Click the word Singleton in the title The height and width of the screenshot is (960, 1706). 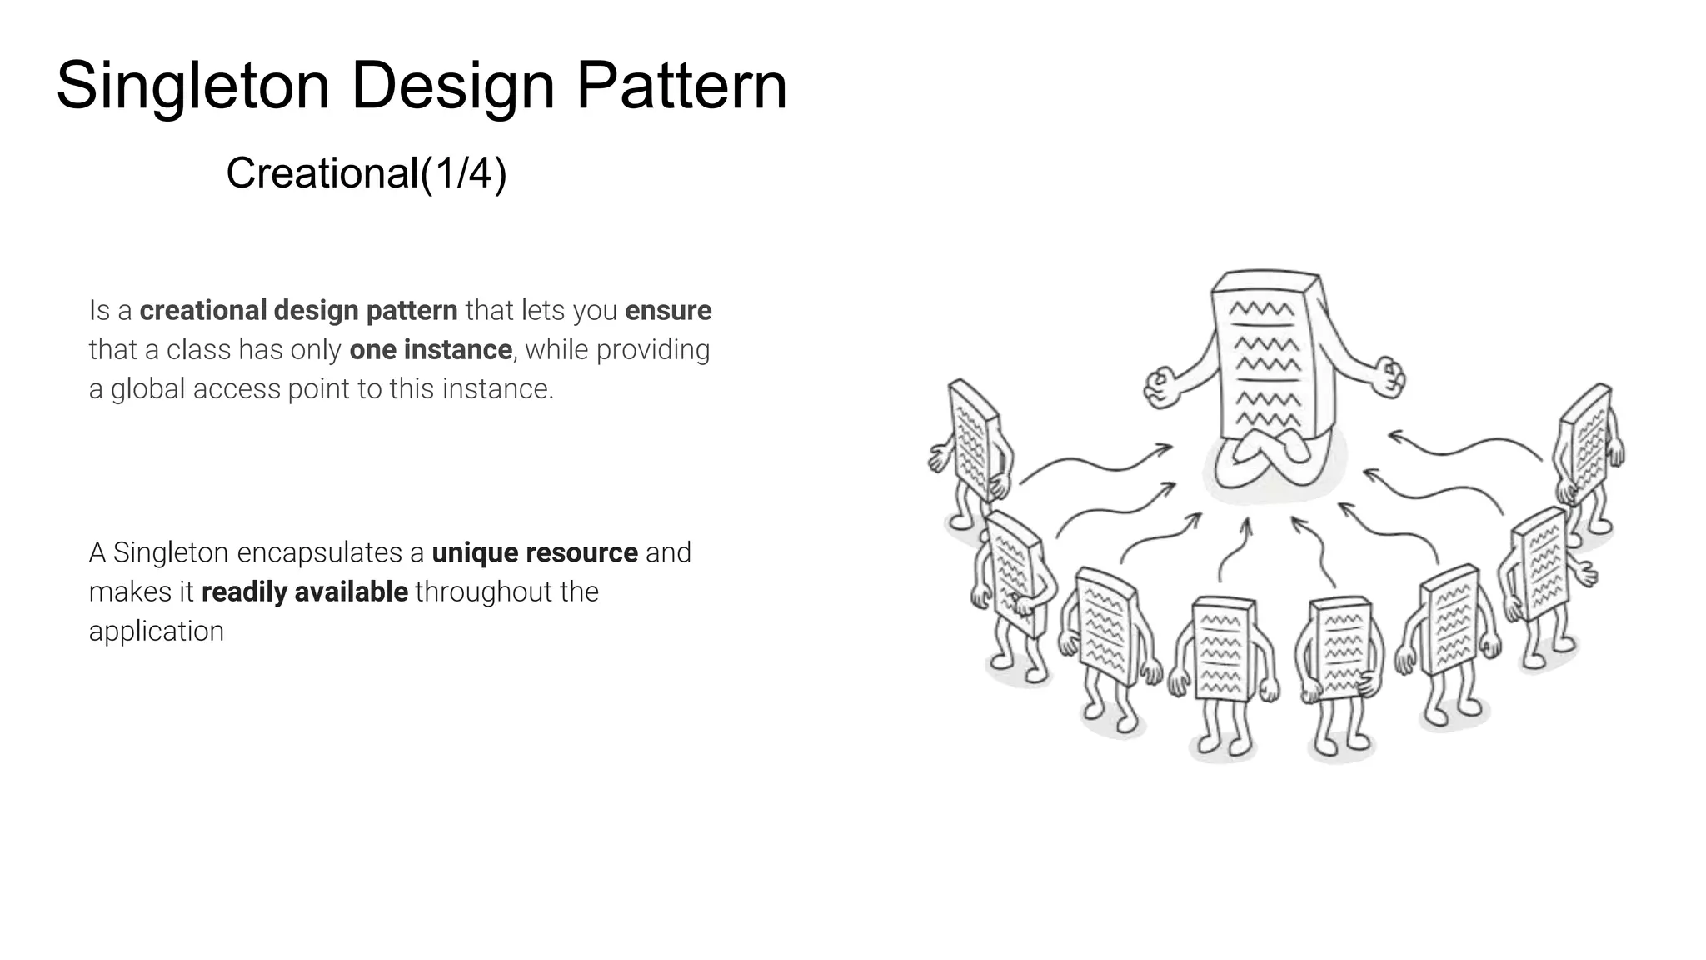[x=192, y=87]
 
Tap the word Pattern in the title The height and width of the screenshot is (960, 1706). [x=681, y=87]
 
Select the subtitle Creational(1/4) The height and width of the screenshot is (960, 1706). [x=366, y=173]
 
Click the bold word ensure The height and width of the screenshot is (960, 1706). [x=668, y=310]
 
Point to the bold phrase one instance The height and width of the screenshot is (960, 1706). [x=430, y=349]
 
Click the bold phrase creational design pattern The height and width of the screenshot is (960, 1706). [x=298, y=310]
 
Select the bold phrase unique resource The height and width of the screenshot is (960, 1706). [x=534, y=552]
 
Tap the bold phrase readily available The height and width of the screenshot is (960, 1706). [x=304, y=592]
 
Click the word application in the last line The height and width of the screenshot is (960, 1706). [x=156, y=631]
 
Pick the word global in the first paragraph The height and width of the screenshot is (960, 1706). [x=147, y=389]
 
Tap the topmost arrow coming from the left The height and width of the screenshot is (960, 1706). [x=1095, y=462]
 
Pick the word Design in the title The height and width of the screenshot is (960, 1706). [x=452, y=87]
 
